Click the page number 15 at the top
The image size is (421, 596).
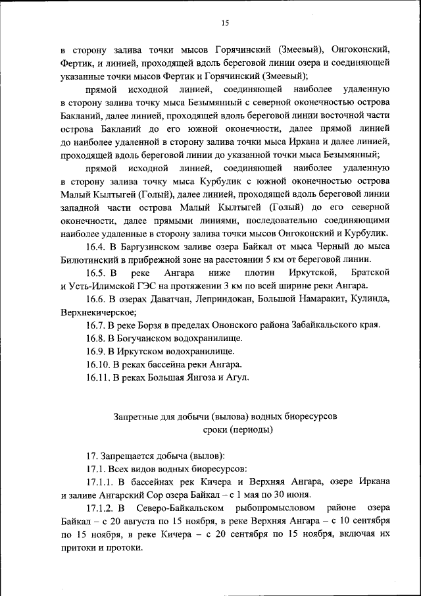pyautogui.click(x=224, y=24)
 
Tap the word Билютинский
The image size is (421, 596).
pyautogui.click(x=88, y=261)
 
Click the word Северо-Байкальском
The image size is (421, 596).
pyautogui.click(x=182, y=508)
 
